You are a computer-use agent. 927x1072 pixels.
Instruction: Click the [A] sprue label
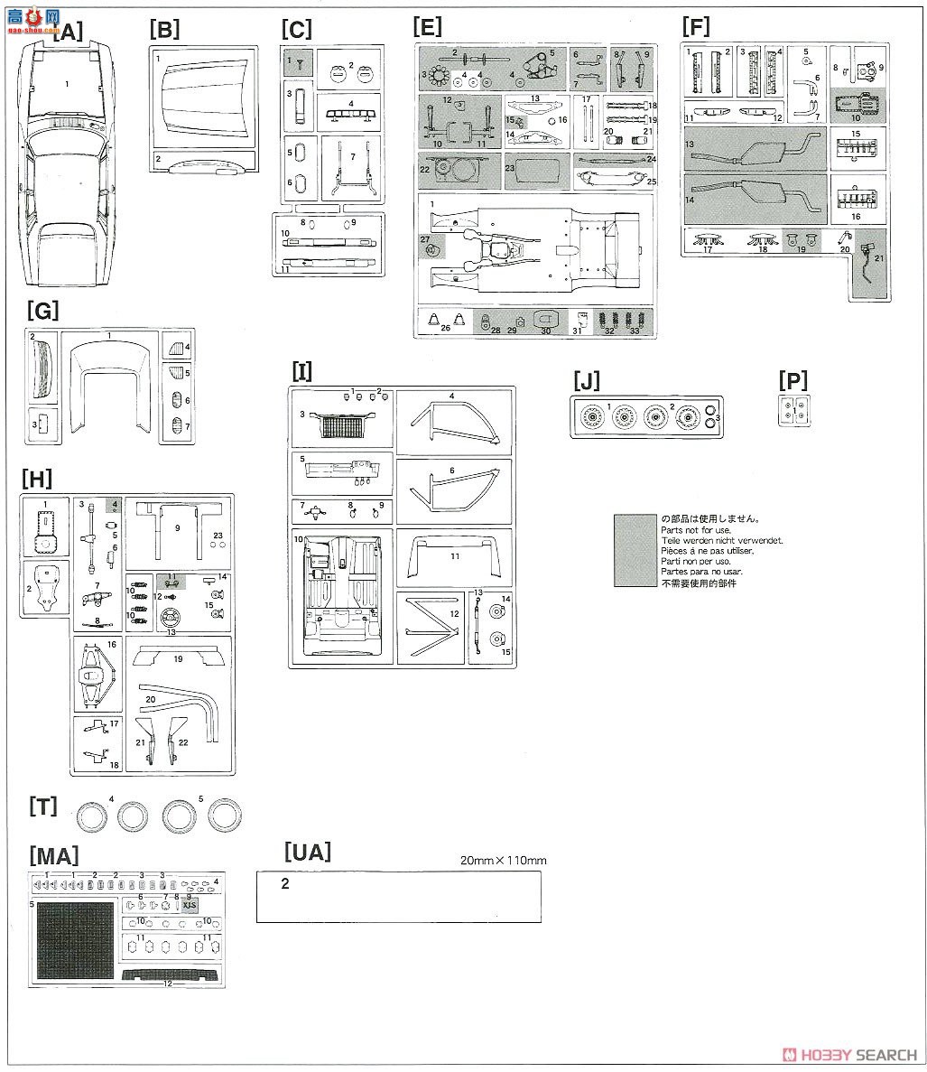[68, 33]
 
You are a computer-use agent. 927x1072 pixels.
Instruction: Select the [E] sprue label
[427, 27]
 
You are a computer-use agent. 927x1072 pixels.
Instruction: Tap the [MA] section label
[53, 854]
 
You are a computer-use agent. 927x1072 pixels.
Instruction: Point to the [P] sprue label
[793, 380]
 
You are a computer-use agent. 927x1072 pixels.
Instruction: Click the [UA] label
[307, 852]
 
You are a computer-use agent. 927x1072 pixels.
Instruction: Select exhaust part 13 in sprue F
[754, 149]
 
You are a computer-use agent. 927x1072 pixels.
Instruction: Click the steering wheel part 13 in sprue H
[168, 620]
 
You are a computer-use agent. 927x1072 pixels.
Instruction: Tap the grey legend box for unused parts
[635, 550]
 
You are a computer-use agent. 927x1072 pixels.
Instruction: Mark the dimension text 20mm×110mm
[503, 860]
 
